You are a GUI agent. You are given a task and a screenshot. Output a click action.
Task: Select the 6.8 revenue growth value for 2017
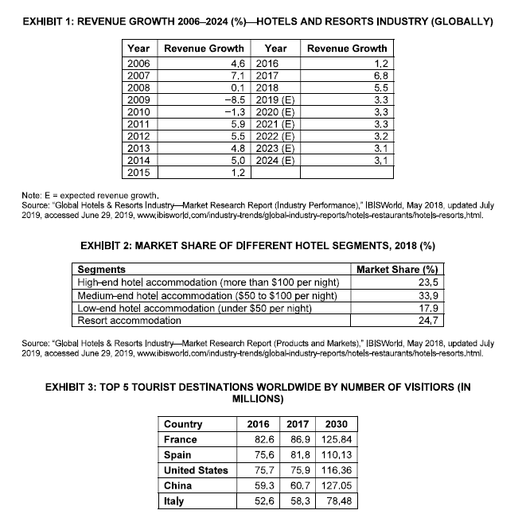[377, 74]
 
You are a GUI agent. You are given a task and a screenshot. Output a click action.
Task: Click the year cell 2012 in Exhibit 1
[138, 135]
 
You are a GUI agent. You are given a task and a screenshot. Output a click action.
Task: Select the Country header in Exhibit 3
[182, 424]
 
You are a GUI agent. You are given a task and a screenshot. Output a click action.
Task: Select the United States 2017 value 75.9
[296, 469]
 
